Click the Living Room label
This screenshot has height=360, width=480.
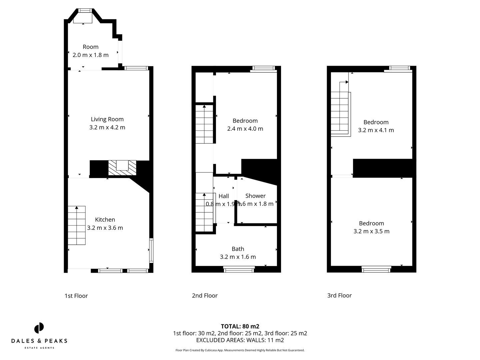pos(107,119)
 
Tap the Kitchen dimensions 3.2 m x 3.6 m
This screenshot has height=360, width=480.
pos(105,228)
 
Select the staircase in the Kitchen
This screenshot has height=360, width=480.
pos(77,226)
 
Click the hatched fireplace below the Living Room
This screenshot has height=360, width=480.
pos(122,168)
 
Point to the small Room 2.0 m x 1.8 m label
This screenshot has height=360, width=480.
pos(90,51)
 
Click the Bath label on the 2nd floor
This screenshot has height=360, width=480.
pos(238,249)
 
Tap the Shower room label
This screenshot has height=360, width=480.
pos(255,196)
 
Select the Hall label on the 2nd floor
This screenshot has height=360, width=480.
pos(224,196)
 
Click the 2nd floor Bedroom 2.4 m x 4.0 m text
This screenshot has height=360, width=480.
pos(245,129)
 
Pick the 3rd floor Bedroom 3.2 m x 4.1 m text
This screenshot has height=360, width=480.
pos(376,130)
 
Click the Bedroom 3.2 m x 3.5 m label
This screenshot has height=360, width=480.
pos(371,227)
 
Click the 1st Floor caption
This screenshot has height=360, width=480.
pos(76,296)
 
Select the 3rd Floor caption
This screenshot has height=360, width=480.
pos(339,295)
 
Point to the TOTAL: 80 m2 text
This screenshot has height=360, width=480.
pos(240,326)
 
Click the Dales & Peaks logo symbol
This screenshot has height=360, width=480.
pos(39,328)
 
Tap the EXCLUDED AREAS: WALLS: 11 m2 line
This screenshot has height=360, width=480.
pos(240,340)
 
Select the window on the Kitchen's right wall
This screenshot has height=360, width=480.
pos(151,250)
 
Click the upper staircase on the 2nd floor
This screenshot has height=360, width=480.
pos(204,124)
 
